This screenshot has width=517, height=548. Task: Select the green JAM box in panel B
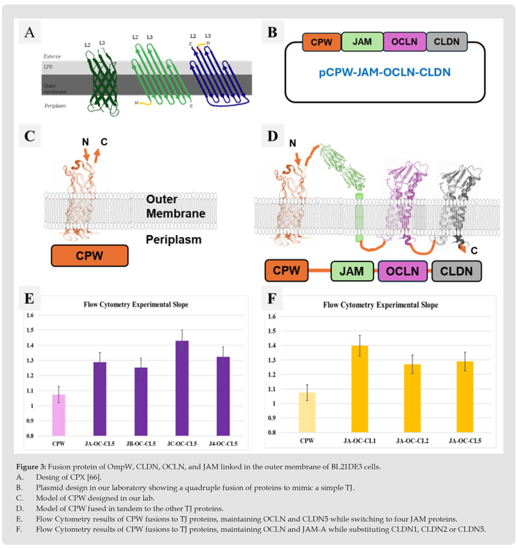point(362,42)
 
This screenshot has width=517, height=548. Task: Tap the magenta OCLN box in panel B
point(404,42)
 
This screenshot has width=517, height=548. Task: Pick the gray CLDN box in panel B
point(447,42)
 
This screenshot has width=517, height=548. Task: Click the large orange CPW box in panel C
point(89,256)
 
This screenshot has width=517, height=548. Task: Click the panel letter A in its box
point(29,33)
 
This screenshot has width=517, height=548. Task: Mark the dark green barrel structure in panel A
point(108,80)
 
